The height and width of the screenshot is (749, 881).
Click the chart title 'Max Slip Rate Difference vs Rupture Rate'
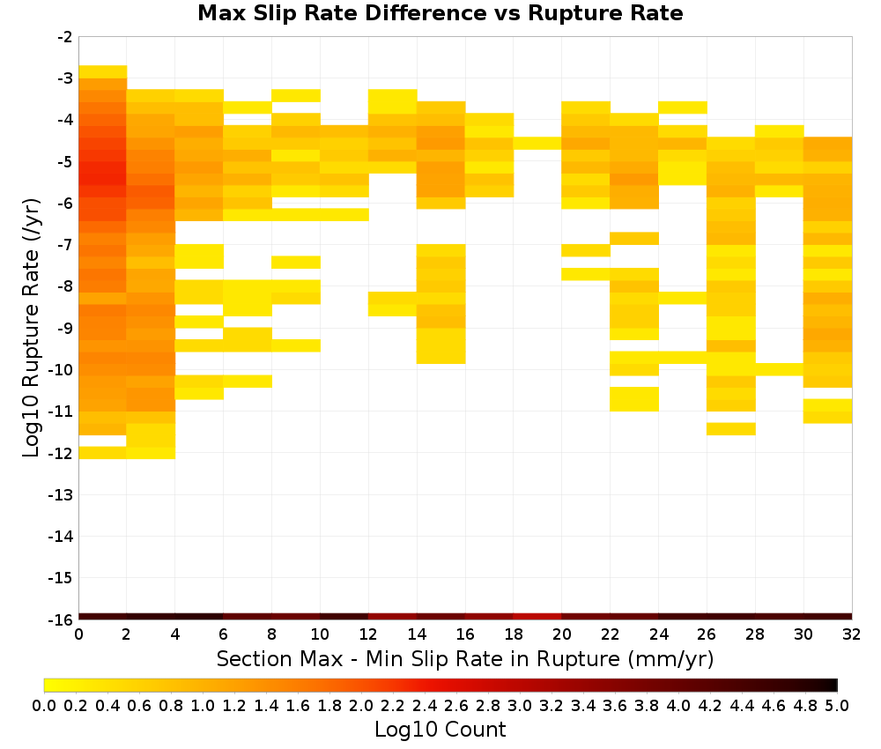point(440,13)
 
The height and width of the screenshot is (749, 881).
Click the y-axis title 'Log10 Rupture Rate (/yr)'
point(31,328)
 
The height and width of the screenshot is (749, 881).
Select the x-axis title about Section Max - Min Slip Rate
point(464,658)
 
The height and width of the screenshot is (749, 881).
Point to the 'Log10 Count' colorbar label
point(440,730)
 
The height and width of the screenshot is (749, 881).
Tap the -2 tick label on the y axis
point(65,37)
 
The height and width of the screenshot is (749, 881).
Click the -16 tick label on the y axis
point(61,619)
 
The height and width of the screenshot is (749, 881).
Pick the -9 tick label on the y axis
point(65,328)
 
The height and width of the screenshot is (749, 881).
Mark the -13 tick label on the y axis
point(61,494)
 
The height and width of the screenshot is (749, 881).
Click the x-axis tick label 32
point(851,634)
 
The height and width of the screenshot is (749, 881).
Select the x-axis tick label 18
point(513,634)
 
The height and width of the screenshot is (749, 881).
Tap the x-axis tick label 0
point(78,634)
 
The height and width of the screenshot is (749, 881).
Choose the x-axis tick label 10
point(320,634)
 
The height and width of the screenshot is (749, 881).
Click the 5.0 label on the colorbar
point(837,705)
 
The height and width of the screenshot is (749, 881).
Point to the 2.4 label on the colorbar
point(425,705)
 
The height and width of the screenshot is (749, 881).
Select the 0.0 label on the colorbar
point(44,705)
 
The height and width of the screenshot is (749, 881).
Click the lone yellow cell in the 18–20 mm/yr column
point(537,144)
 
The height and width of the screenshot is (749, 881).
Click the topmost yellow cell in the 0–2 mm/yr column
point(103,72)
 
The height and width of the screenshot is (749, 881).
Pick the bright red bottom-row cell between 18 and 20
point(537,617)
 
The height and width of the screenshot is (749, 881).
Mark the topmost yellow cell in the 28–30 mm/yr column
point(780,131)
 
